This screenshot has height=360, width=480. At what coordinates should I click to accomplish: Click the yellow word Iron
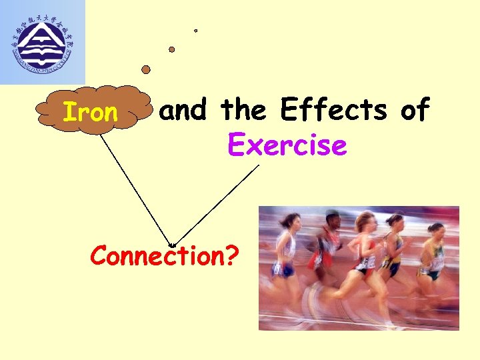coord(90,113)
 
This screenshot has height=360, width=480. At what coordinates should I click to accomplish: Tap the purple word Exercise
coord(287,144)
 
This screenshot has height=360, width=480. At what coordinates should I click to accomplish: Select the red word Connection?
coord(163,255)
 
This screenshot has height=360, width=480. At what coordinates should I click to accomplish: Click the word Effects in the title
coord(333,109)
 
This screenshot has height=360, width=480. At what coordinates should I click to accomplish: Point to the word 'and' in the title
coord(184,110)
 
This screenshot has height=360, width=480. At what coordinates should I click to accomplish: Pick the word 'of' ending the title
coord(415,109)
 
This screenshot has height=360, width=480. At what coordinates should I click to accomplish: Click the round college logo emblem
coord(42,41)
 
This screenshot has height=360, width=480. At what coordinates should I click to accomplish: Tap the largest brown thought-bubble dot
coord(146,69)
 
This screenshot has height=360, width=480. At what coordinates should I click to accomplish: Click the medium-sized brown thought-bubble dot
coord(171,49)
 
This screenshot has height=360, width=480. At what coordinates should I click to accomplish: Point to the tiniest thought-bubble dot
coord(195,30)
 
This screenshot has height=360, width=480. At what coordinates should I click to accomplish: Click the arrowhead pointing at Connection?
coord(173,245)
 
